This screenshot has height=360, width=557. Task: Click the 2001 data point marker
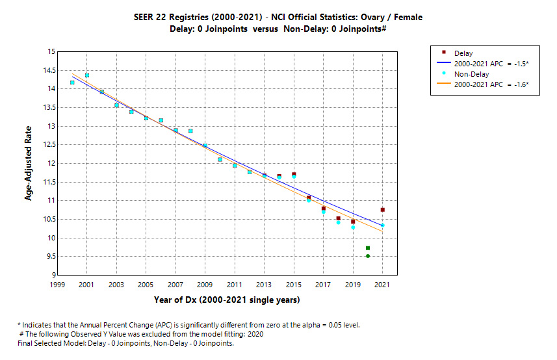[87, 75]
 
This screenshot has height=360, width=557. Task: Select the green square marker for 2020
[368, 248]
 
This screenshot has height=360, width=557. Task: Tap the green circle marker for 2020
[368, 256]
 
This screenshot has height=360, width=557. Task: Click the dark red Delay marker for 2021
[382, 210]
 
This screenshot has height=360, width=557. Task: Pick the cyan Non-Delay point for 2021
[382, 225]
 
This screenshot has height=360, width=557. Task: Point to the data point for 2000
[72, 83]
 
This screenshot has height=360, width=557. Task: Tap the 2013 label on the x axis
[264, 285]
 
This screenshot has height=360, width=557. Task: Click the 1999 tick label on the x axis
[57, 285]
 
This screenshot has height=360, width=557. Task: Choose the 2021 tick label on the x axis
[382, 285]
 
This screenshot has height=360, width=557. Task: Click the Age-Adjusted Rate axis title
[29, 163]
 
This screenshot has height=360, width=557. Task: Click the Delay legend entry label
[463, 53]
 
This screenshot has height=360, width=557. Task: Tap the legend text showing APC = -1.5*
[491, 64]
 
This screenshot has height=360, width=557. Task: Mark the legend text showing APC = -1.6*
[491, 84]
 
